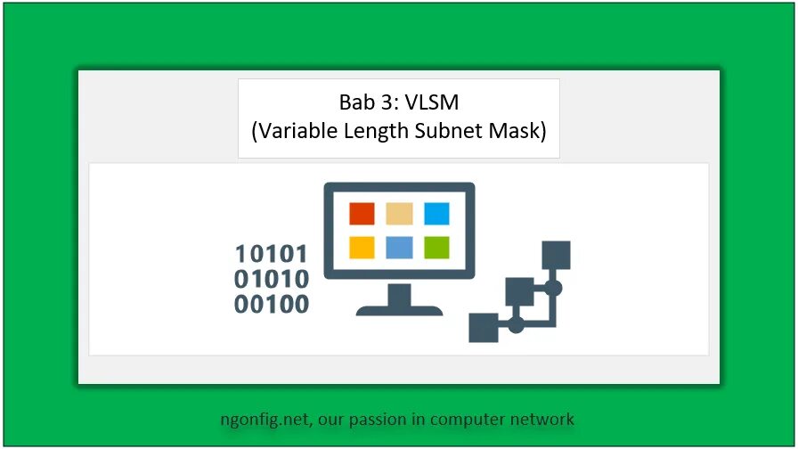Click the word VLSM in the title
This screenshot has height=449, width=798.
[x=432, y=102]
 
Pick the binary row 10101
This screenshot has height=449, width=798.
[x=272, y=254]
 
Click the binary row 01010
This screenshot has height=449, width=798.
[x=272, y=279]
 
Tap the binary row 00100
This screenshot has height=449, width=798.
[x=272, y=304]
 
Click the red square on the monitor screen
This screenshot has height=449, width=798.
[x=362, y=215]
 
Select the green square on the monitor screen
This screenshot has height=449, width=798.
[x=436, y=247]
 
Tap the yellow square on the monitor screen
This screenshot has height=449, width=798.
[x=362, y=247]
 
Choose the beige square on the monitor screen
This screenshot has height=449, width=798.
[x=399, y=215]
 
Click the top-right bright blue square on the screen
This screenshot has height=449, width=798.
[x=436, y=215]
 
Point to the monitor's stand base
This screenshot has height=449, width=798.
[x=399, y=309]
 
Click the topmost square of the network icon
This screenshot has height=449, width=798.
[x=556, y=255]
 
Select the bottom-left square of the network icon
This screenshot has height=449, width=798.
[x=484, y=327]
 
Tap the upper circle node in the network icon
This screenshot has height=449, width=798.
[x=553, y=289]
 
